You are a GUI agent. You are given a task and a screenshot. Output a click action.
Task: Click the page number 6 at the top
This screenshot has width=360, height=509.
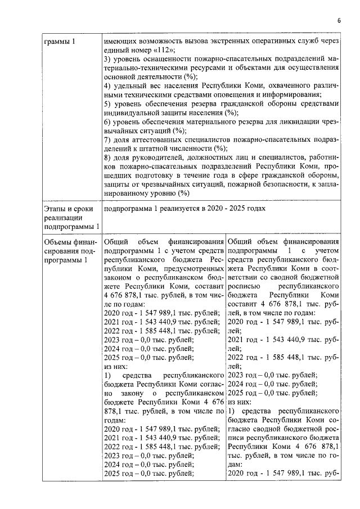[x=339, y=21]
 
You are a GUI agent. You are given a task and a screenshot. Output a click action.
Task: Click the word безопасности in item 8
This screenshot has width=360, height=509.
[x=276, y=184]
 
